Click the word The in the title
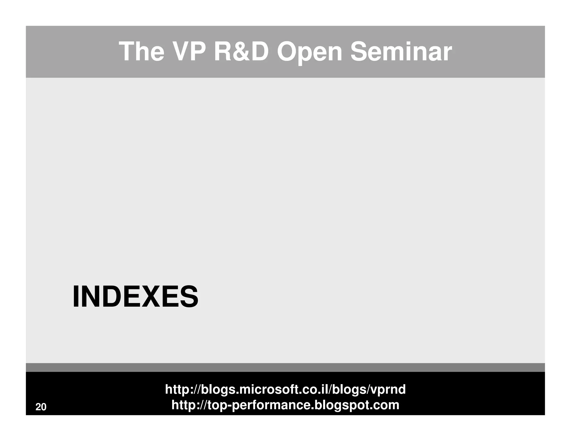click(x=141, y=52)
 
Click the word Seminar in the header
click(x=401, y=52)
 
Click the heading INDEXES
click(x=135, y=297)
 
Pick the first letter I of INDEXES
click(x=75, y=297)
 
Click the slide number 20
click(x=41, y=407)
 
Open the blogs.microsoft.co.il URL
click(x=285, y=389)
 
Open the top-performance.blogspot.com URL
click(x=285, y=405)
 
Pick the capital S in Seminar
click(x=358, y=52)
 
